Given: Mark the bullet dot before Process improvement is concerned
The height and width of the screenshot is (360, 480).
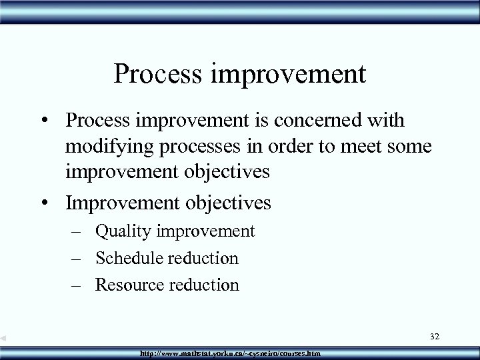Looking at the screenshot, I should click(x=49, y=121).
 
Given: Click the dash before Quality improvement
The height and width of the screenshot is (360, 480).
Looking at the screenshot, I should click(x=79, y=232).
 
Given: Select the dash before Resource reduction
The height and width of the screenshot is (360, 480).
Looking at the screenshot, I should click(x=79, y=285).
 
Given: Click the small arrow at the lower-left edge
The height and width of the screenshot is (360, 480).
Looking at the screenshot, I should click(x=4, y=339).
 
